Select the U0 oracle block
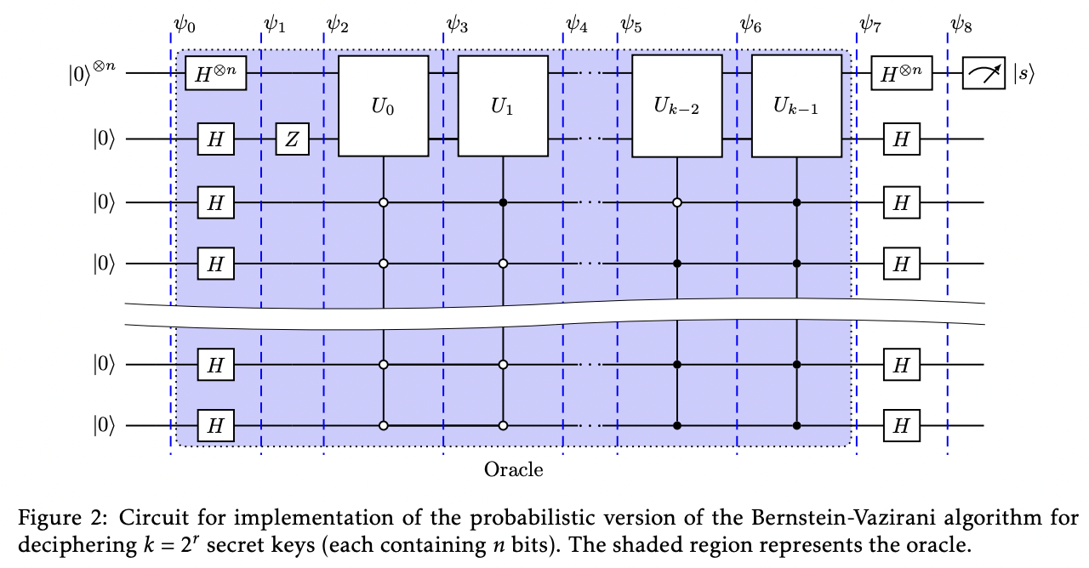(x=383, y=106)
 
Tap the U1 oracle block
(x=502, y=106)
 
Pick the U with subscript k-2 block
(x=676, y=106)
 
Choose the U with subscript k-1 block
(x=795, y=106)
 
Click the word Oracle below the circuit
(x=513, y=469)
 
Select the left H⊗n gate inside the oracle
(x=216, y=74)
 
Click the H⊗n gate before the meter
(x=902, y=74)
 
